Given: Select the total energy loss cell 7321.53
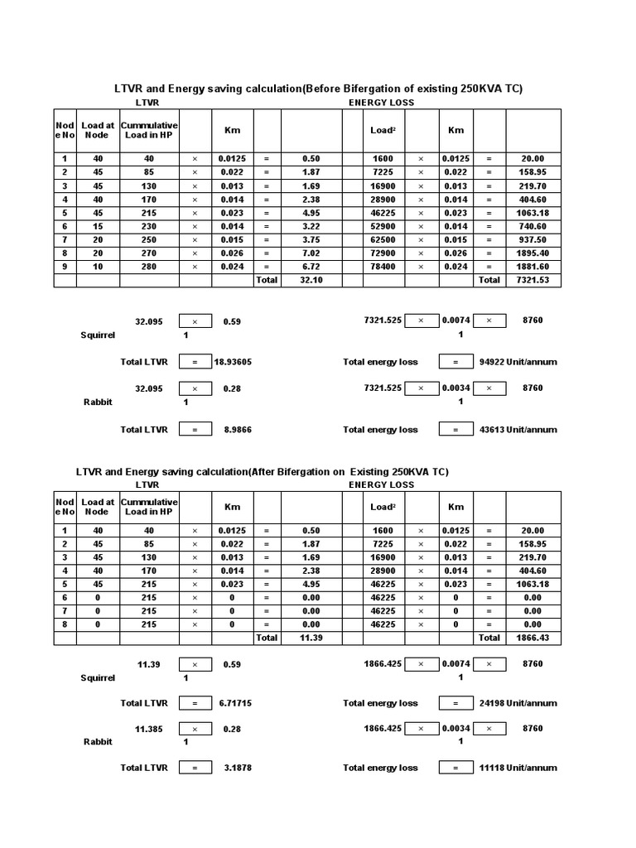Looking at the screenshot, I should [x=531, y=280].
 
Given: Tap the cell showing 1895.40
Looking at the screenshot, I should [x=531, y=253].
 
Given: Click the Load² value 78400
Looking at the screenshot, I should [x=383, y=267].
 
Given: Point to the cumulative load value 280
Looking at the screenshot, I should [x=149, y=267].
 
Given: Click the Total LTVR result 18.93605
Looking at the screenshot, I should [x=233, y=362].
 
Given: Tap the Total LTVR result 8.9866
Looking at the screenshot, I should [x=233, y=430].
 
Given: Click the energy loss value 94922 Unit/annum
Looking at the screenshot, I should [x=518, y=362].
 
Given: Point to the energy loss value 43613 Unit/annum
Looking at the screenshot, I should [x=518, y=430].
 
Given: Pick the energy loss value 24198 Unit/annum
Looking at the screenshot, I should [x=518, y=703].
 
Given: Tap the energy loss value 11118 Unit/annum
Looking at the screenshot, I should [x=518, y=768].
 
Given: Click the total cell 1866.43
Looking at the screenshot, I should [x=531, y=638].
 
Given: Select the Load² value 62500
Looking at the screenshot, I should [x=383, y=239].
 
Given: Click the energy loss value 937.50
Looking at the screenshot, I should [x=531, y=239].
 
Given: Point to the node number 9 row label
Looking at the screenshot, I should [x=65, y=267].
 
